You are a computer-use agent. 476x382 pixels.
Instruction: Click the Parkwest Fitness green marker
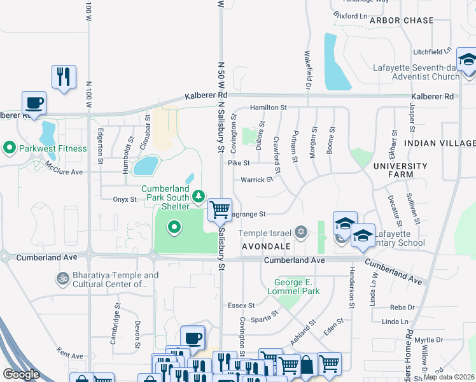pos(10,148)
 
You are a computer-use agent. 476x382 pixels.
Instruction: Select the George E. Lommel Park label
pos(297,286)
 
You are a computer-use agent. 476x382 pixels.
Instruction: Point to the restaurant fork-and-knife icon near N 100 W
pos(64,76)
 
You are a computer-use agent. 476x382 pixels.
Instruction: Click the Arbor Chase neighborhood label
pos(402,20)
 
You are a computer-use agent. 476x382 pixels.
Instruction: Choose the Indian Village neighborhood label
pos(440,143)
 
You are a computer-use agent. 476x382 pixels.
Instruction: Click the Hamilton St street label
pos(269,108)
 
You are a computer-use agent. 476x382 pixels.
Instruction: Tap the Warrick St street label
pos(256,180)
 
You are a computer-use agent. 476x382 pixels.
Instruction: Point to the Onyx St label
pos(125,199)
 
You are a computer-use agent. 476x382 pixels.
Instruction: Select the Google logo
pos(21,374)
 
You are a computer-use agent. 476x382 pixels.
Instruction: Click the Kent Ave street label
pos(69,353)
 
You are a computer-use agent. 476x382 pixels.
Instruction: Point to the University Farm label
pos(400,171)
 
